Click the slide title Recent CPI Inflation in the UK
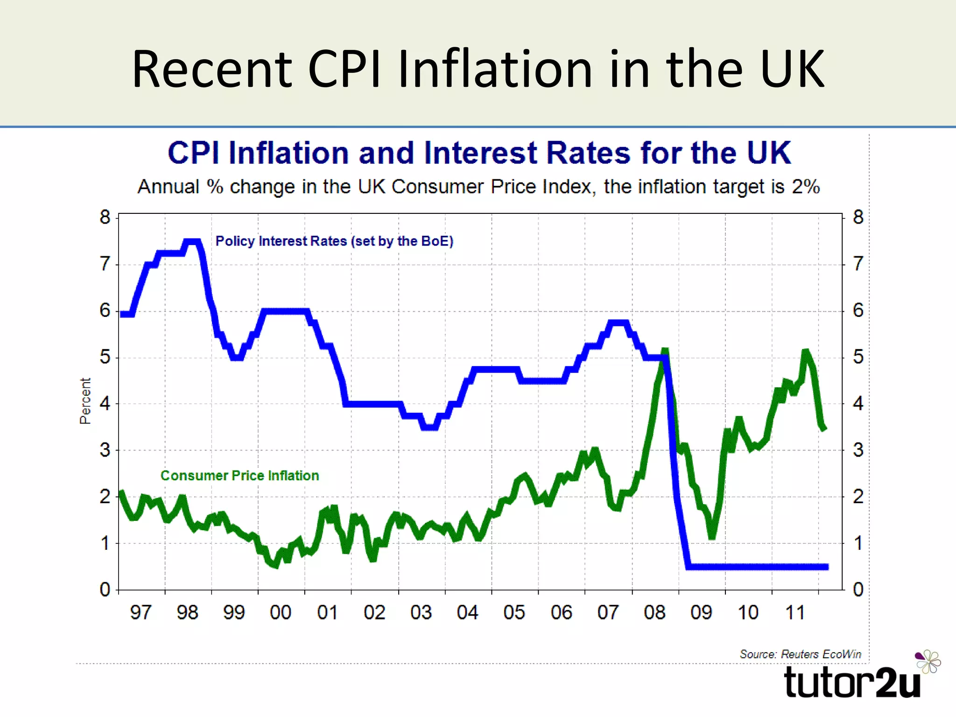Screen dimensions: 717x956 pos(478,69)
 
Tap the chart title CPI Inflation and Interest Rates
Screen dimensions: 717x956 pos(479,153)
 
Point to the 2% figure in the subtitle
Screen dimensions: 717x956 pos(806,187)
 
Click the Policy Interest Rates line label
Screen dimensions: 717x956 pos(334,241)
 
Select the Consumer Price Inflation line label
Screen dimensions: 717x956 pos(239,476)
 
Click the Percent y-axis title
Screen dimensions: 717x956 pos(85,401)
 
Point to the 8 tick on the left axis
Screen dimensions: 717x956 pos(105,218)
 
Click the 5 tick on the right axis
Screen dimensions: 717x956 pos(858,357)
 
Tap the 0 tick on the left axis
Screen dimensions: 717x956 pos(105,590)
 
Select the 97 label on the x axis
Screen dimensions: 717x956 pos(141,612)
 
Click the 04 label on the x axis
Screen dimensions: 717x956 pos(467,612)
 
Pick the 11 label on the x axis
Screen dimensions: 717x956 pos(795,612)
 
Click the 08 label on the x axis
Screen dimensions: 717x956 pos(654,612)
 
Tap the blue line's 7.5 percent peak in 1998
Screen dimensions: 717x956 pos(192,242)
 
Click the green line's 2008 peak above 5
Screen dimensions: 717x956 pos(665,351)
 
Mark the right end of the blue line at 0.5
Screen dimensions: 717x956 pos(826,567)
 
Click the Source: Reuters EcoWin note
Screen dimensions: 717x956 pos(800,654)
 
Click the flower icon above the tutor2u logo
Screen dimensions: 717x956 pos(928,661)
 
